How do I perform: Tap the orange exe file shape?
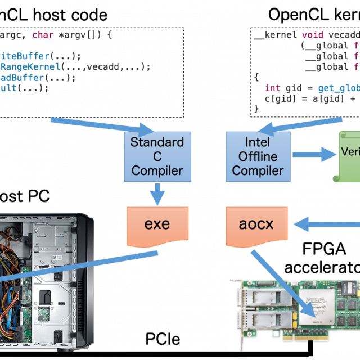click(x=157, y=224)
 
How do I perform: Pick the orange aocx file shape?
click(x=256, y=224)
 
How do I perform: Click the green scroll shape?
click(x=349, y=156)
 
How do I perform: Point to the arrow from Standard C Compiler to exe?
click(x=157, y=195)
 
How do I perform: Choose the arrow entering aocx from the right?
click(x=326, y=225)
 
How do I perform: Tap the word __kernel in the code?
click(x=275, y=35)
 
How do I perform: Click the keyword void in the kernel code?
click(x=313, y=35)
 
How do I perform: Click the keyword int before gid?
click(x=273, y=88)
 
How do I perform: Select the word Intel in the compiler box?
click(x=258, y=142)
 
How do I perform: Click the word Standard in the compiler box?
click(x=157, y=142)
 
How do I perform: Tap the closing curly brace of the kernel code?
click(x=256, y=109)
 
